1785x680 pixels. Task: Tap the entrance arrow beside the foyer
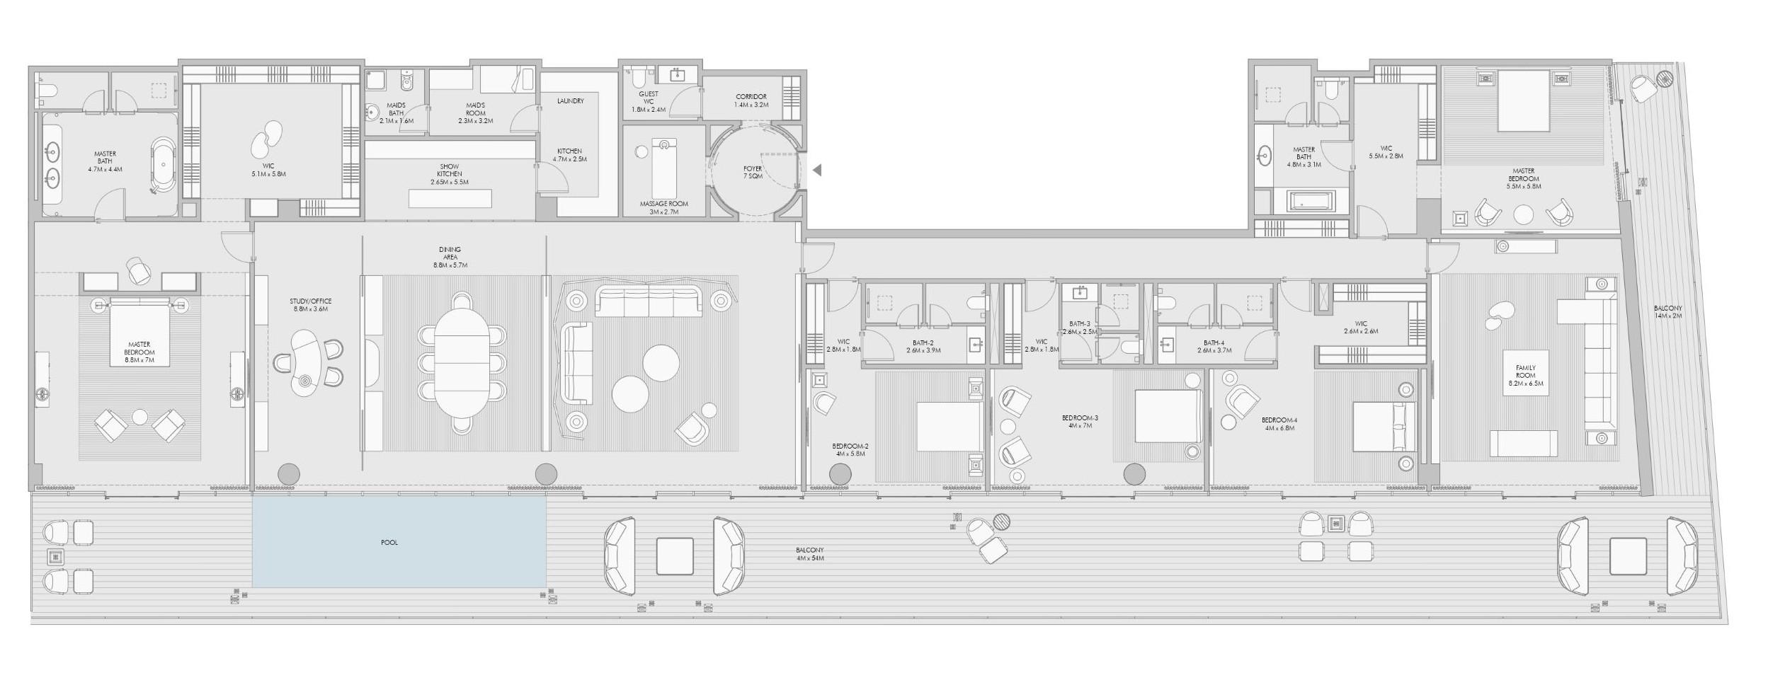(817, 170)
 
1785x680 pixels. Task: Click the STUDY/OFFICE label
(310, 305)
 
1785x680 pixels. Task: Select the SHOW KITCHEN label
(450, 174)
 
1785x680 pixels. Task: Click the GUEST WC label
(648, 101)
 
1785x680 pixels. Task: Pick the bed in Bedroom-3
(1168, 416)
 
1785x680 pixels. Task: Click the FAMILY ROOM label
(1525, 375)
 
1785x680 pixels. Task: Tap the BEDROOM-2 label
(850, 449)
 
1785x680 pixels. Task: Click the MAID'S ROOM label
(475, 113)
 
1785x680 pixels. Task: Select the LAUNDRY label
(570, 101)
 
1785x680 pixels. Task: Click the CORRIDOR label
(751, 100)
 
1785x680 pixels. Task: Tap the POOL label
(389, 543)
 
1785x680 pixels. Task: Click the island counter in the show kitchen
(450, 198)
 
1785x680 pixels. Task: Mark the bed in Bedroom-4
(1384, 426)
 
